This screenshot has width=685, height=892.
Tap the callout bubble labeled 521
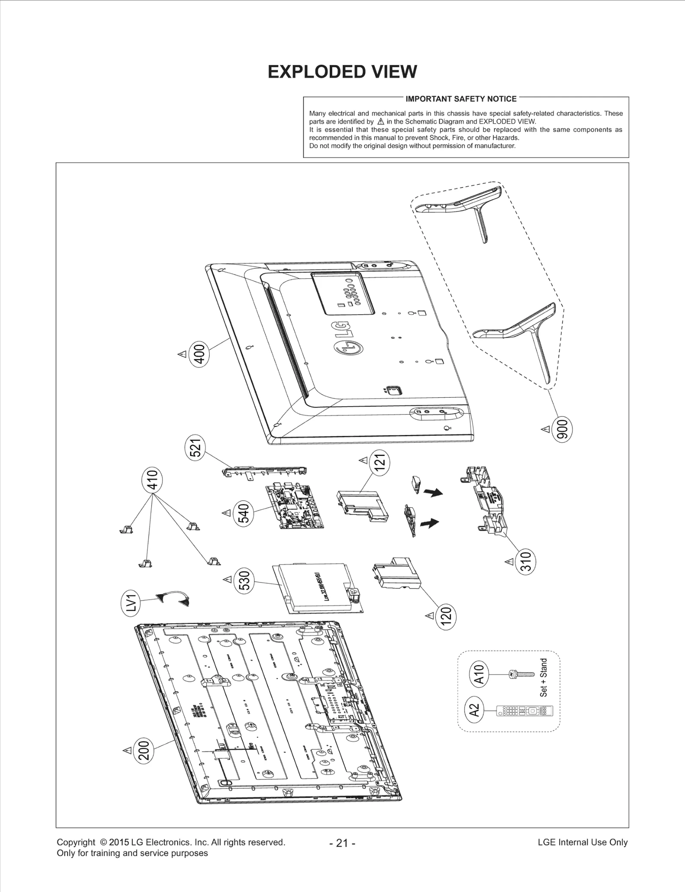(x=197, y=449)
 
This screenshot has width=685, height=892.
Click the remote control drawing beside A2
(x=524, y=711)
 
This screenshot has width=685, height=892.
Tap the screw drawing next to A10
(x=520, y=674)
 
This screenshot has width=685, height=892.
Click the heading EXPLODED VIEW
(x=342, y=72)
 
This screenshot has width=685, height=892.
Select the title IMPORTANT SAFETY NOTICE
(x=461, y=99)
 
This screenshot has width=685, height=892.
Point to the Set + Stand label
(x=543, y=677)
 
